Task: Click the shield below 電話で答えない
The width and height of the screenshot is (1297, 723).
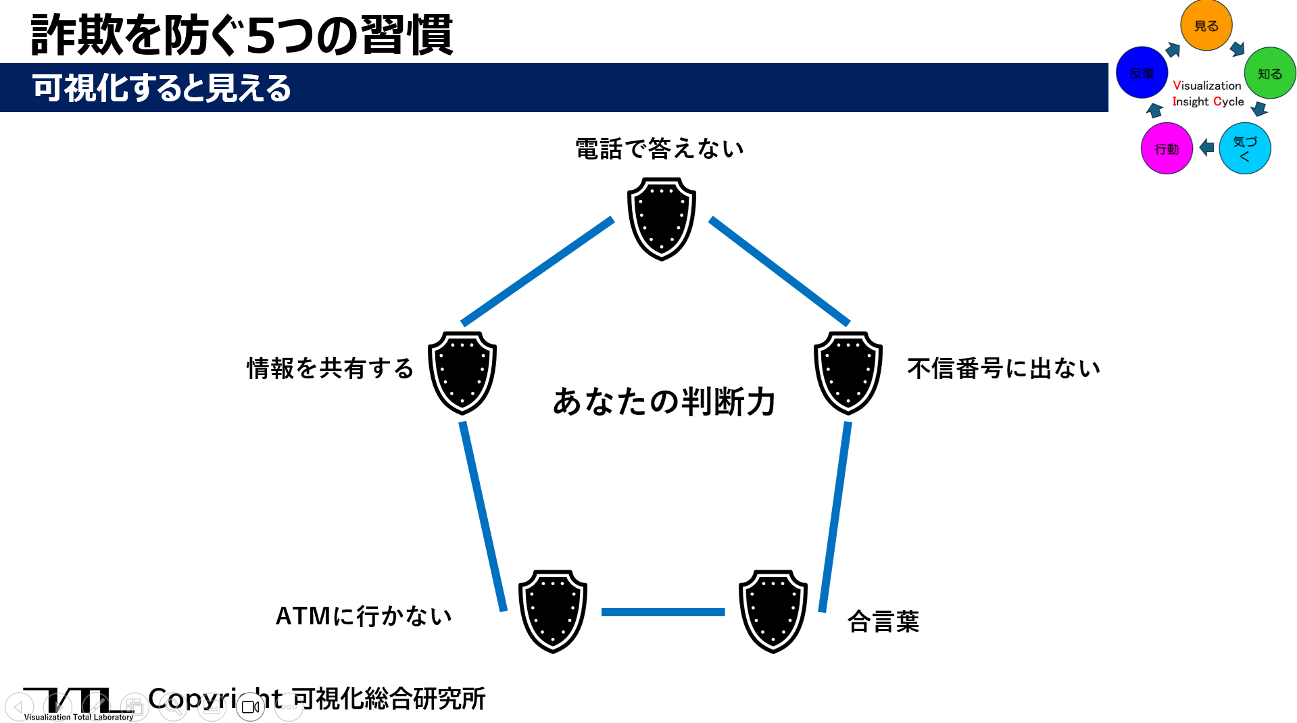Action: (x=662, y=219)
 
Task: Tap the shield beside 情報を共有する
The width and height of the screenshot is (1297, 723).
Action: (x=462, y=373)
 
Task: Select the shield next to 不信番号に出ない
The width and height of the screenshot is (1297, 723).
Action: (x=848, y=373)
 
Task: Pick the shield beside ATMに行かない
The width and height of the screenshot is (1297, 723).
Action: (x=553, y=612)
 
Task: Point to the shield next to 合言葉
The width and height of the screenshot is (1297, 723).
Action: (x=773, y=612)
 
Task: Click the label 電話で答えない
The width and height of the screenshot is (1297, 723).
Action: (x=660, y=149)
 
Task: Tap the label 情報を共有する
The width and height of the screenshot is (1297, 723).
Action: (x=330, y=368)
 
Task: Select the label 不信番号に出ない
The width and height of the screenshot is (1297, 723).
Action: (x=1004, y=368)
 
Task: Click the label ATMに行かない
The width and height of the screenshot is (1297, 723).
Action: (x=364, y=616)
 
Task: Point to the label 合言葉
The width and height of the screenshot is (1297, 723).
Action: (x=883, y=621)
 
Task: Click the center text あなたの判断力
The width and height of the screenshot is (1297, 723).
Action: (x=664, y=401)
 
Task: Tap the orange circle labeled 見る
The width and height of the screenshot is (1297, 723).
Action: (x=1206, y=25)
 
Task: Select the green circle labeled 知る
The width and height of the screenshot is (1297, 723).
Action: (x=1270, y=73)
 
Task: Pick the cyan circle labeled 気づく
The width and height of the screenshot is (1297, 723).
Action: (x=1245, y=148)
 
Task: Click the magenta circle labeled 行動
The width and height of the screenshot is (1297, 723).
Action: (x=1167, y=148)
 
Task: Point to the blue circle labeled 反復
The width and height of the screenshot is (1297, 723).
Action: (x=1142, y=72)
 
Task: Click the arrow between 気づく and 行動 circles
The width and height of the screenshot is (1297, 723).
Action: (x=1206, y=147)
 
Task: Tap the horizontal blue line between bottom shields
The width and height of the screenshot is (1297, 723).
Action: (x=663, y=612)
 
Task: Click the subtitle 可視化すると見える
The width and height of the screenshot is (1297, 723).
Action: (x=162, y=88)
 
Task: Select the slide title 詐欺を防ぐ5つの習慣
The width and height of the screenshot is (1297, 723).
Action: (x=242, y=34)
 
